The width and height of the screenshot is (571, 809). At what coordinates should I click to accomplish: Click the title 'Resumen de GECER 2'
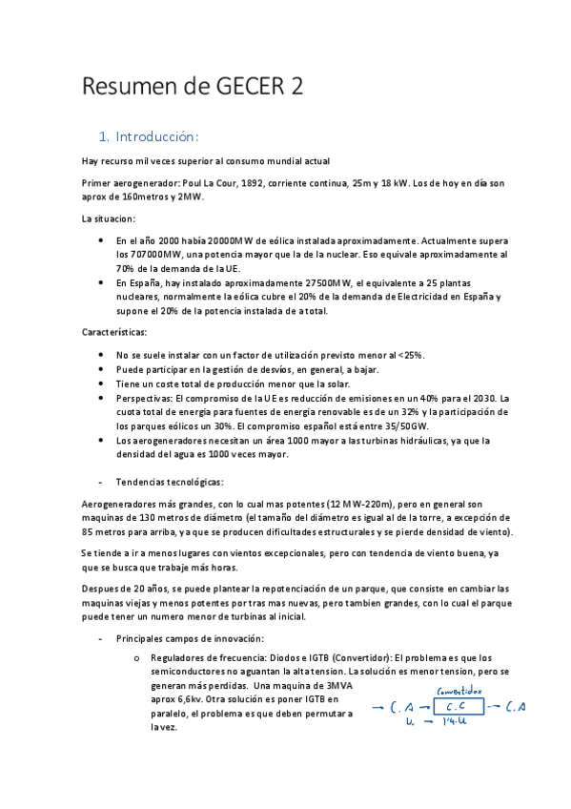point(194,87)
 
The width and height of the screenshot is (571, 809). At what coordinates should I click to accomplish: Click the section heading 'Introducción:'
point(158,135)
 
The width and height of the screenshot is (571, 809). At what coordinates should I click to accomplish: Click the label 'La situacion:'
point(108,218)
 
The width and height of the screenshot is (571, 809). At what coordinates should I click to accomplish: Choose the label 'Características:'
point(113,333)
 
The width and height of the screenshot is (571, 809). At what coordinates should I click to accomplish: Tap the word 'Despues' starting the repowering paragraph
point(98,589)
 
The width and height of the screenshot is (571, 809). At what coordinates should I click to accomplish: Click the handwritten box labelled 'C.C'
point(458,707)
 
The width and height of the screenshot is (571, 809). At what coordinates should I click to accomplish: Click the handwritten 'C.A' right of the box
point(517,707)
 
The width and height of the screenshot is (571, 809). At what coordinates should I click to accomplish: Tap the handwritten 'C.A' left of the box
point(400,708)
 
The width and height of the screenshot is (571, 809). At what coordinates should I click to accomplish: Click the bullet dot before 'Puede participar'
point(102,369)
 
